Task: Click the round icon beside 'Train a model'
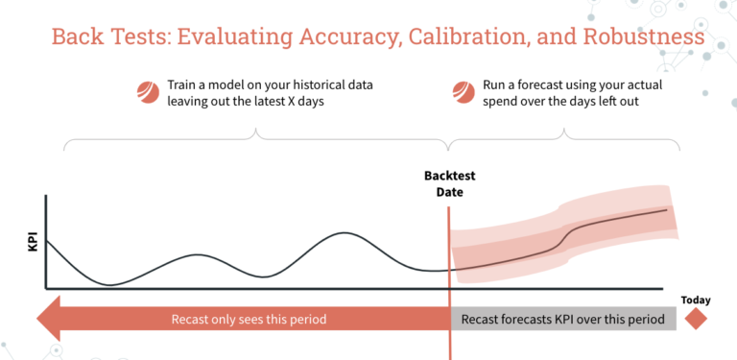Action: (x=149, y=92)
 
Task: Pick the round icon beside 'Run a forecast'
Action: (x=463, y=92)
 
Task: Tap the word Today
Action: (x=696, y=300)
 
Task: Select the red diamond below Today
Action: (x=696, y=319)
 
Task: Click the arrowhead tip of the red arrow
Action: (x=35, y=319)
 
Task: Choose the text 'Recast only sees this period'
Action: (x=249, y=319)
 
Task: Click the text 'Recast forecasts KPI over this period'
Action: (x=561, y=319)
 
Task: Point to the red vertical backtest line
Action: (x=448, y=269)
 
